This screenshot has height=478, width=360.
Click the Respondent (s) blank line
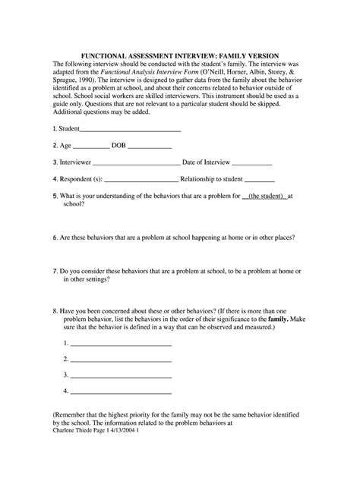[141, 180]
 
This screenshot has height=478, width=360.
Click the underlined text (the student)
[263, 196]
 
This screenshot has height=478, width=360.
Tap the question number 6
[55, 237]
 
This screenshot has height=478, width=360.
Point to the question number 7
[55, 270]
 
